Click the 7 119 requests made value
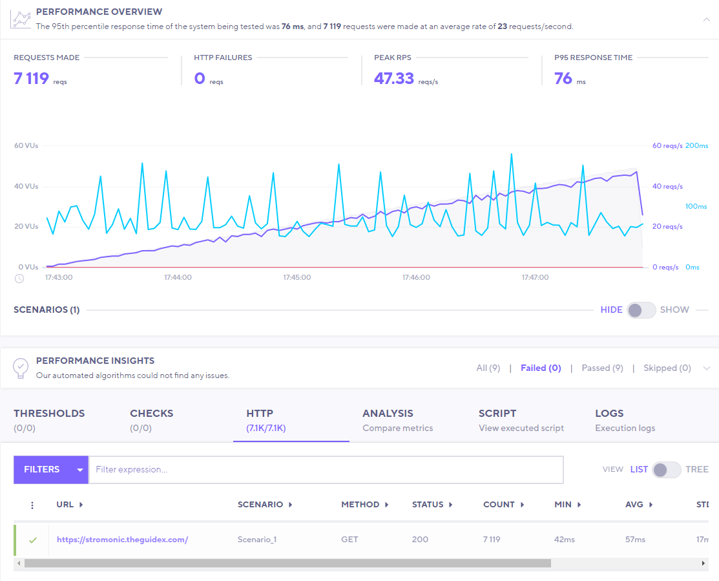(x=31, y=79)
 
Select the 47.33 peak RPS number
(x=394, y=79)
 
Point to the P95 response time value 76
(x=563, y=79)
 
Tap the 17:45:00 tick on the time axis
(x=297, y=277)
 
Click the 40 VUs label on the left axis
(x=26, y=186)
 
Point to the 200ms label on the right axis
(x=696, y=145)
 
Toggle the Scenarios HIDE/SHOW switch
(x=641, y=310)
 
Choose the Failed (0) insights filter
(x=541, y=368)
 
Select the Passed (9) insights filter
(x=602, y=368)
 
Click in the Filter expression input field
(x=326, y=470)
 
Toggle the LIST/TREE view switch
(x=666, y=470)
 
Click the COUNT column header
(x=499, y=505)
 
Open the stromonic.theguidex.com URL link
(x=122, y=540)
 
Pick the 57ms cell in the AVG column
(x=634, y=540)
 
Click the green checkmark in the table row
(x=33, y=540)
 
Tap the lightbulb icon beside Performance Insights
(x=21, y=367)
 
